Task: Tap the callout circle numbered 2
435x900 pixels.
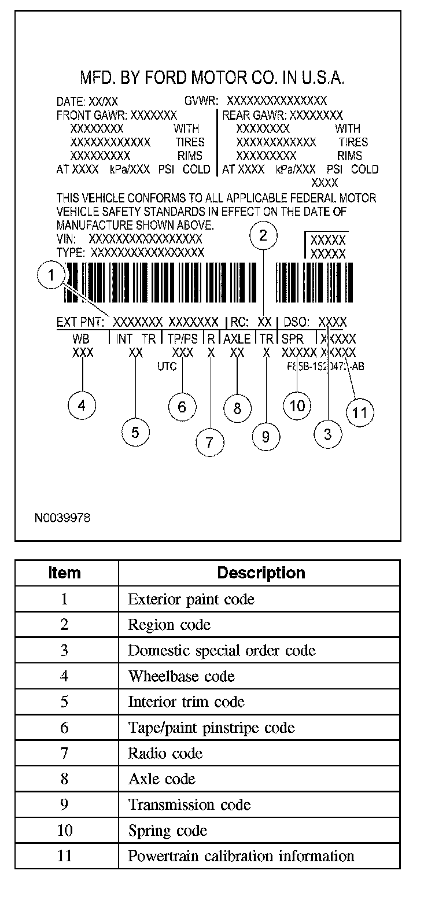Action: click(263, 235)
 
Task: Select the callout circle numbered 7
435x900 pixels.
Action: click(209, 442)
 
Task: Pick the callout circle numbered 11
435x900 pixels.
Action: click(360, 412)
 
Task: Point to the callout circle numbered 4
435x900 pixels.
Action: click(82, 405)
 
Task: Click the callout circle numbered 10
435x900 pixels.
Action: click(297, 405)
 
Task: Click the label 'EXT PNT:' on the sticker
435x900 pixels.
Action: click(80, 322)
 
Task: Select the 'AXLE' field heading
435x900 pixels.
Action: click(237, 339)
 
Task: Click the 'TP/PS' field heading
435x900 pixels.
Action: click(183, 339)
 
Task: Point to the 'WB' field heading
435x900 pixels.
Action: click(82, 339)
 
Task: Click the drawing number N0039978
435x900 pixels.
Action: click(62, 517)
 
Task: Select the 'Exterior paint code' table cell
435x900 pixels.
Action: click(191, 599)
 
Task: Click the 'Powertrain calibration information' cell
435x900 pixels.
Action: click(241, 855)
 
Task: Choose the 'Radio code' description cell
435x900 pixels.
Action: click(165, 753)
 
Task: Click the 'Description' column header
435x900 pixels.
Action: click(261, 573)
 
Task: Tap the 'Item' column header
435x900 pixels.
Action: click(65, 573)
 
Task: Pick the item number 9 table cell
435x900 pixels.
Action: click(65, 805)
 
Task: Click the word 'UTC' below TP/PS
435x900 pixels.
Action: click(167, 366)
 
